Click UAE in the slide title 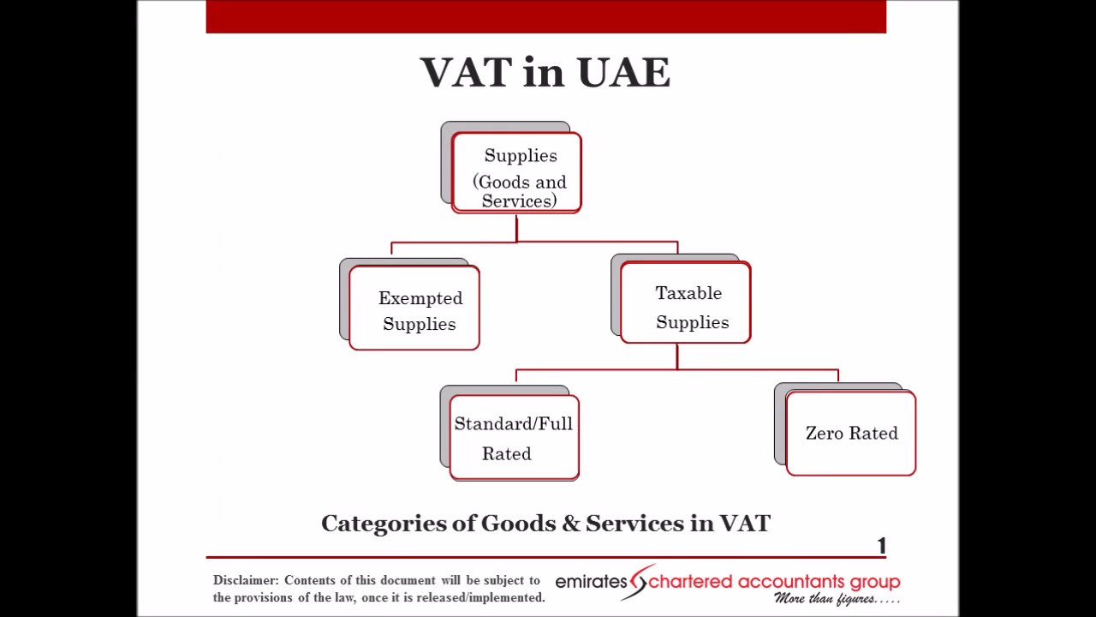point(623,73)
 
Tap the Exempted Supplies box point(414,308)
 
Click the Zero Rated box point(850,433)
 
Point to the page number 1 point(881,546)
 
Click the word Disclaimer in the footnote point(245,581)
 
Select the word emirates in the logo point(591,582)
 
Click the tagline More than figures point(836,599)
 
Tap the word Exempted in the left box point(420,298)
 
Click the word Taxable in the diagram point(688,293)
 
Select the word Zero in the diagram point(825,433)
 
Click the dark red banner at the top point(545,17)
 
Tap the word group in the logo point(878,583)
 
